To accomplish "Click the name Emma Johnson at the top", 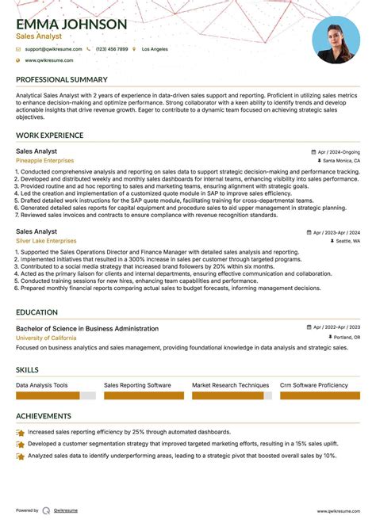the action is pyautogui.click(x=71, y=24).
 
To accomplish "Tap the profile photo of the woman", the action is pyautogui.click(x=336, y=40).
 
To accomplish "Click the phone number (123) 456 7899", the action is pyautogui.click(x=111, y=49).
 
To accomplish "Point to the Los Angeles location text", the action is pyautogui.click(x=155, y=49).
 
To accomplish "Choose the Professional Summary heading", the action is pyautogui.click(x=61, y=79).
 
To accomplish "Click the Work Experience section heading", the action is pyautogui.click(x=50, y=136).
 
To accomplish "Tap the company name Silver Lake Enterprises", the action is pyautogui.click(x=46, y=241).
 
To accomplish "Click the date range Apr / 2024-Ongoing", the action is pyautogui.click(x=336, y=151).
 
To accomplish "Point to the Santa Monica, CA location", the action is pyautogui.click(x=339, y=160).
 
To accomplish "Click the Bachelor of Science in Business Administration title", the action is pyautogui.click(x=88, y=328).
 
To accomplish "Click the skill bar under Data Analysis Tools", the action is pyautogui.click(x=56, y=395).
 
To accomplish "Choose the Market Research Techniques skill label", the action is pyautogui.click(x=231, y=385).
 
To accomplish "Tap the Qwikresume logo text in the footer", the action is pyautogui.click(x=65, y=510).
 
